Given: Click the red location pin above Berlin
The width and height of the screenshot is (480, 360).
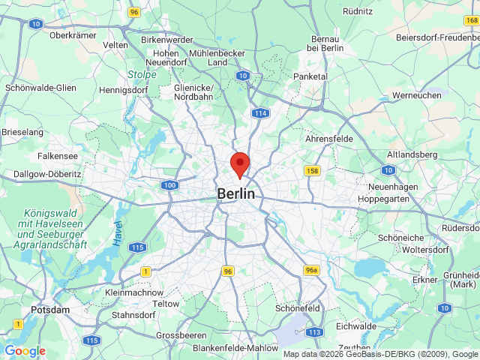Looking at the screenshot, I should [x=239, y=163].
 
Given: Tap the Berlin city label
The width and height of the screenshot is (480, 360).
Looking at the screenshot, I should [x=235, y=193].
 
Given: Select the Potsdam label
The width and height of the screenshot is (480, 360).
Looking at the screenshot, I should [x=50, y=310].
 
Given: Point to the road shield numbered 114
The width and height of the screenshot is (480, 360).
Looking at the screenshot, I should [x=260, y=112].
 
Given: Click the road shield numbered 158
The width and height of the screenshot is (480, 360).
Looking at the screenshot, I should [x=313, y=171].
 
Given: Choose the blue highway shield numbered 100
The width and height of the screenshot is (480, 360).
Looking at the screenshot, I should [x=169, y=184].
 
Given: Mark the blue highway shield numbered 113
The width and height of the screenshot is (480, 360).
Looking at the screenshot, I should [x=314, y=331].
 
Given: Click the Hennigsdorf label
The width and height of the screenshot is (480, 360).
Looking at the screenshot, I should [x=124, y=90].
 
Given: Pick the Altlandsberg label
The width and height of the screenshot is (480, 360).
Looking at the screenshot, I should [x=412, y=154].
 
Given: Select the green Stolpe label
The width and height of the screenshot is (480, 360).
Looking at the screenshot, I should [x=141, y=74].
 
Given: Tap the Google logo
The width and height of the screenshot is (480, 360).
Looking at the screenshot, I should [x=25, y=351].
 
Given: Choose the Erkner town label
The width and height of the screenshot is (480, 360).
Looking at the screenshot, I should [x=424, y=280].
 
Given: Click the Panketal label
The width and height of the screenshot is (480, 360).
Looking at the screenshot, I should [x=310, y=76].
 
